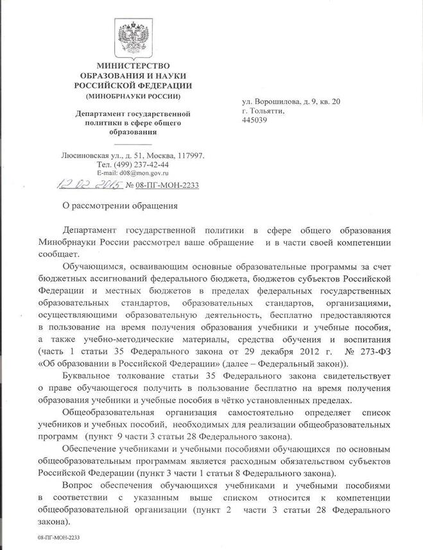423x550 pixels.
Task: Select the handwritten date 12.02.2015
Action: pyautogui.click(x=93, y=185)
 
